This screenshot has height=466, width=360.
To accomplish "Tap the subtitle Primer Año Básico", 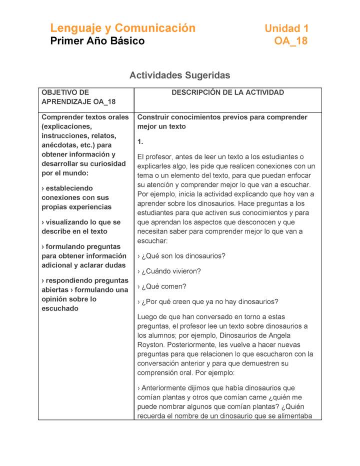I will pyautogui.click(x=97, y=41).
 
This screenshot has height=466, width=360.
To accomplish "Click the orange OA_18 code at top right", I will pyautogui.click(x=290, y=41).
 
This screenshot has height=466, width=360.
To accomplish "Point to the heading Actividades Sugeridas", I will pyautogui.click(x=179, y=75).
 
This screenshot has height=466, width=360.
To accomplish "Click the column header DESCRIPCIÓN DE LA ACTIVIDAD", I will pyautogui.click(x=227, y=92).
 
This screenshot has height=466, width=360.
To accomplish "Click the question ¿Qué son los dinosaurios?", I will pyautogui.click(x=183, y=255).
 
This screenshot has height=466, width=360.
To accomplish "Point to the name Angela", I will pyautogui.click(x=279, y=335).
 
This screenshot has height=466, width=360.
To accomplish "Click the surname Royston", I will pyautogui.click(x=150, y=344).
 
